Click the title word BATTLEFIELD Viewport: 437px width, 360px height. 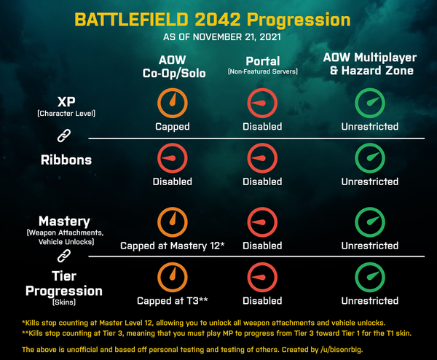click(131, 20)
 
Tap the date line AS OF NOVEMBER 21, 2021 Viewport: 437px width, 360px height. click(222, 37)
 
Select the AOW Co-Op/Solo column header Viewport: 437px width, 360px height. click(174, 66)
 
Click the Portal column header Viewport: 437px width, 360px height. click(263, 66)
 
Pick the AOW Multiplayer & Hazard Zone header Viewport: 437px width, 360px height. click(370, 64)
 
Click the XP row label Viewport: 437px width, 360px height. click(66, 106)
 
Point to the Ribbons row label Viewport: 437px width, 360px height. click(66, 160)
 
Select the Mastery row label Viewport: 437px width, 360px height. click(66, 230)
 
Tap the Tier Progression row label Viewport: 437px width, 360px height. click(64, 288)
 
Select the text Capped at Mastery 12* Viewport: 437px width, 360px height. click(172, 246)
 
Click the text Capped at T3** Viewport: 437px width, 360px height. click(172, 301)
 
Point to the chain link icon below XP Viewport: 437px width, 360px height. click(64, 136)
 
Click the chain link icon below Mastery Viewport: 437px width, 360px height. click(64, 256)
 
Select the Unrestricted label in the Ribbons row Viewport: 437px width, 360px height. click(370, 181)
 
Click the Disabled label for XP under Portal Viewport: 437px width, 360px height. click(262, 127)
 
